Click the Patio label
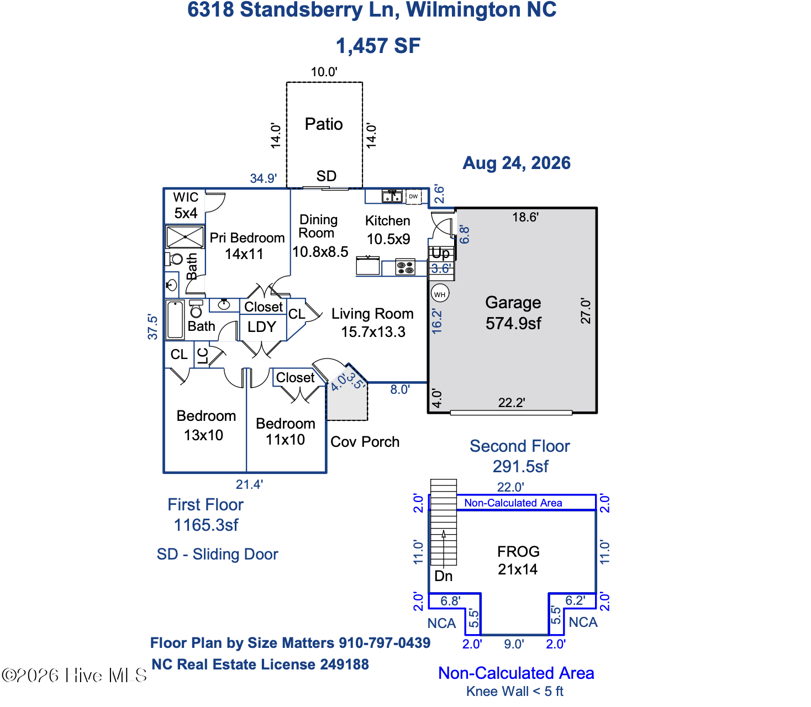(x=323, y=124)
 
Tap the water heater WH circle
(x=440, y=294)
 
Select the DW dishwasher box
(x=413, y=197)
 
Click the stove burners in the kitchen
(x=405, y=267)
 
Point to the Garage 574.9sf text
(x=513, y=313)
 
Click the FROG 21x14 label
(x=518, y=561)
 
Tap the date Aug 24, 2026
(x=517, y=163)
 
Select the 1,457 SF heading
(x=378, y=46)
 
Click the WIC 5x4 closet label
(x=186, y=205)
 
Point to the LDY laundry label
(x=262, y=327)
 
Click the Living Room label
(x=372, y=314)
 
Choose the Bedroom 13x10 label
(x=206, y=426)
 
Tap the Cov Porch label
(x=365, y=442)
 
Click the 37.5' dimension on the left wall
(x=152, y=327)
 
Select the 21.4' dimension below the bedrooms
(x=249, y=484)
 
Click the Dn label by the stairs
(x=443, y=576)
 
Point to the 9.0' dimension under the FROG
(x=514, y=645)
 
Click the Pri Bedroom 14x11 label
(x=246, y=246)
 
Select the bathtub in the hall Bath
(x=175, y=320)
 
